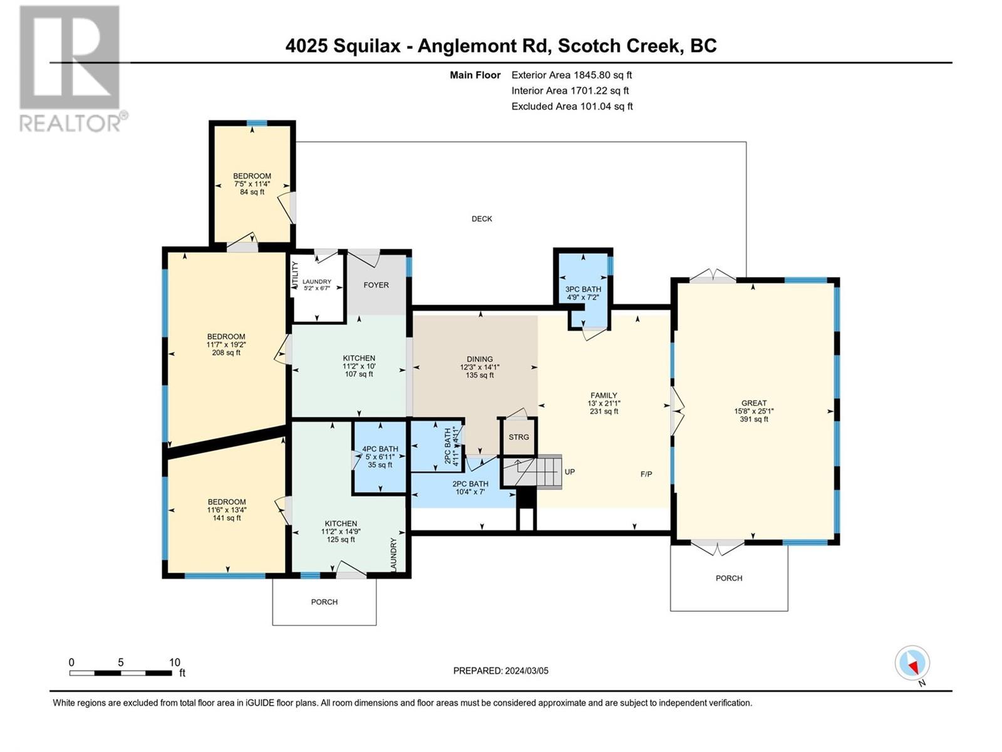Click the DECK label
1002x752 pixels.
click(482, 219)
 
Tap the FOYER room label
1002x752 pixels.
click(376, 285)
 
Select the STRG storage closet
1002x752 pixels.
click(519, 437)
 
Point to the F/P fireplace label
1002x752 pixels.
click(646, 474)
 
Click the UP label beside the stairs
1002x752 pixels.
click(569, 472)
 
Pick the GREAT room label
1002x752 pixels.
click(753, 403)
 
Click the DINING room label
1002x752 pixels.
click(480, 359)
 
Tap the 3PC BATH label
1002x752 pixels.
click(583, 289)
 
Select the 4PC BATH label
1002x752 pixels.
click(380, 449)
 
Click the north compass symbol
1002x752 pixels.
click(912, 663)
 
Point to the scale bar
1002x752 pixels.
click(121, 673)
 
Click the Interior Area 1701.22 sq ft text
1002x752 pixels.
click(570, 90)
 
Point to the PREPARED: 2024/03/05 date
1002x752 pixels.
click(501, 671)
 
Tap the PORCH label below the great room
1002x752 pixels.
click(728, 578)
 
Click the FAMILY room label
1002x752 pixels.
click(604, 395)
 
